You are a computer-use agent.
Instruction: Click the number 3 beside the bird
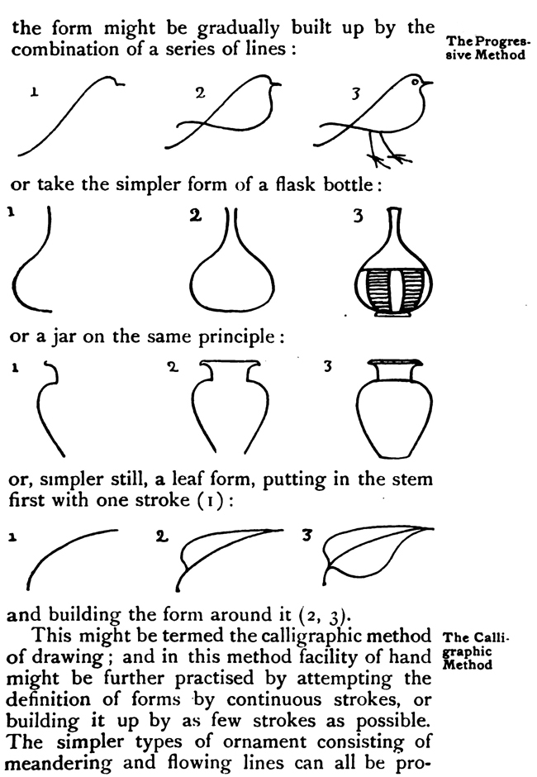click(x=356, y=93)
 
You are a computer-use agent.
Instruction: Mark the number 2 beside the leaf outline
click(x=160, y=535)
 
